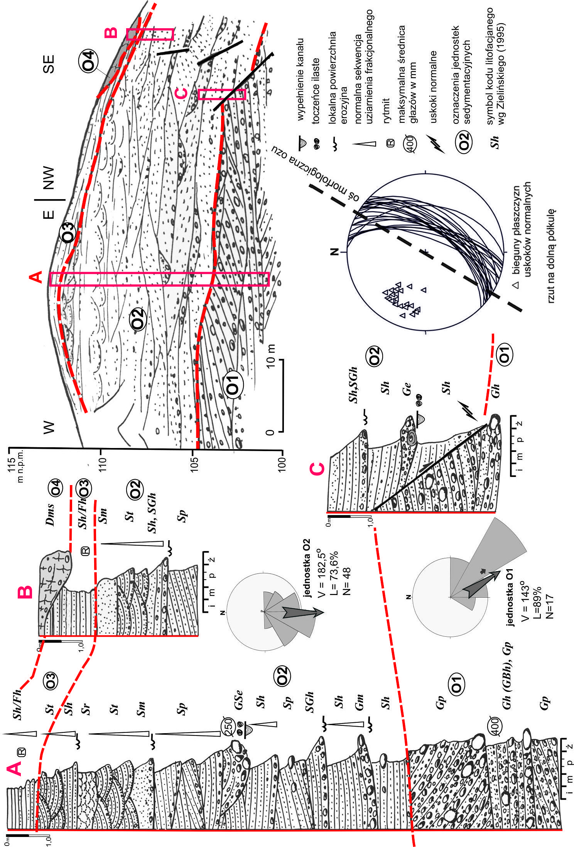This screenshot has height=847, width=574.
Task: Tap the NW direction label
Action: (x=49, y=178)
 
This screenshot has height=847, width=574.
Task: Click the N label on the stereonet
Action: (x=335, y=252)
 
